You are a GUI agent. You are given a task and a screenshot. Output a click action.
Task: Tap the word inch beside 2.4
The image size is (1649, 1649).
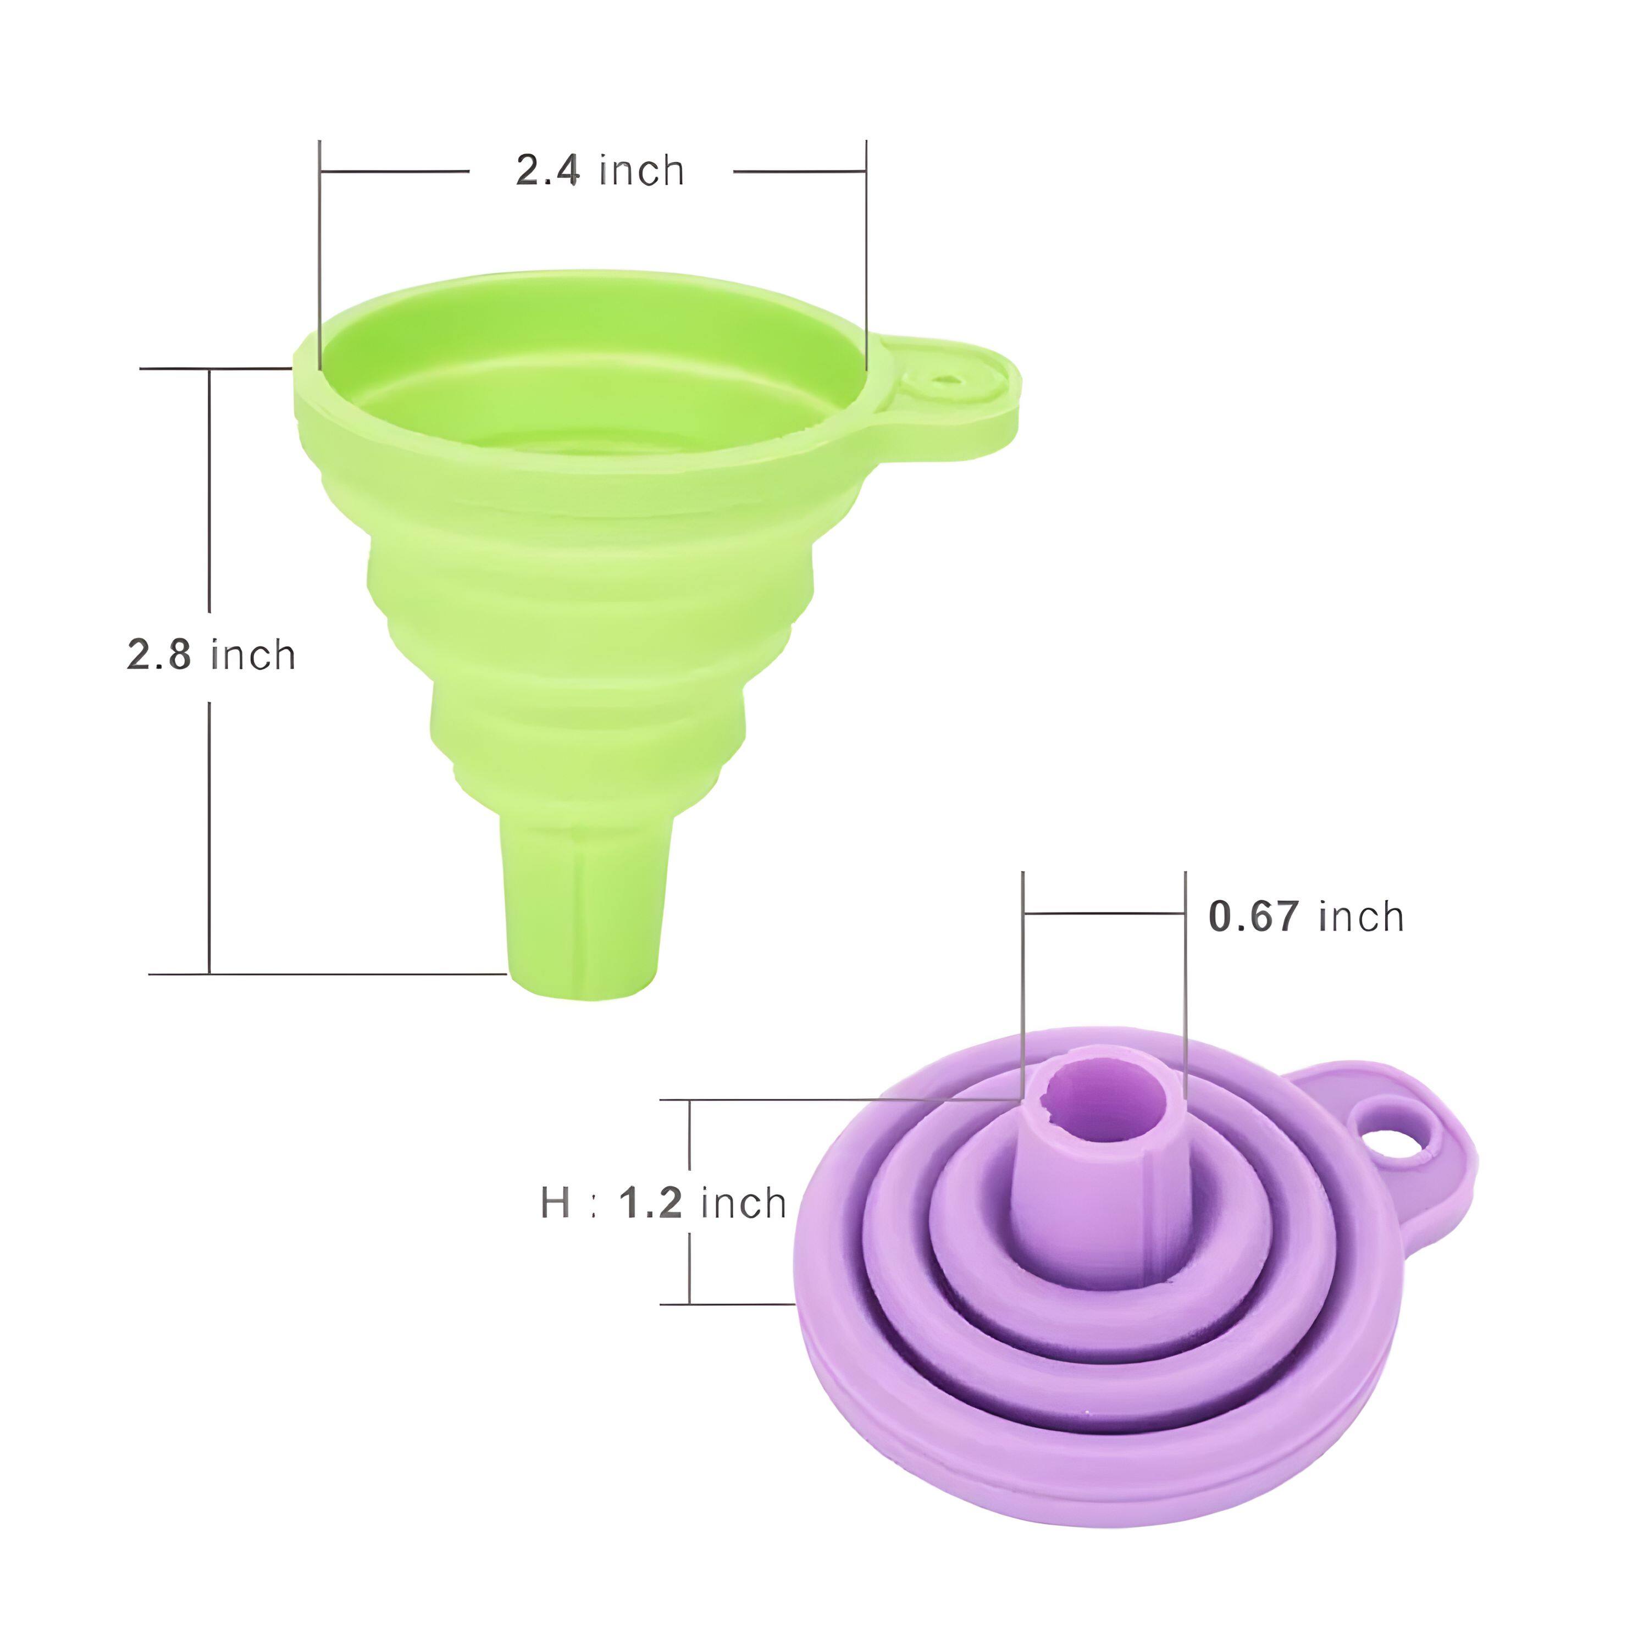[642, 171]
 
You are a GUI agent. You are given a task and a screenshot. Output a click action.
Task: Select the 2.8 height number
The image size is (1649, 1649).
[159, 656]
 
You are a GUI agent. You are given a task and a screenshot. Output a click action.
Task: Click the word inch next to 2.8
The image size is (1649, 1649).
[253, 656]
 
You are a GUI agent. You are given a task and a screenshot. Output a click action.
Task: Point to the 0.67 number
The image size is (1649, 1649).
[1254, 917]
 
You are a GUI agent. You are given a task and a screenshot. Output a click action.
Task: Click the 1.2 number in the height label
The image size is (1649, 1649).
[650, 1203]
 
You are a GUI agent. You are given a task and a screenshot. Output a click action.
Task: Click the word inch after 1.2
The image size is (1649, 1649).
[743, 1203]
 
